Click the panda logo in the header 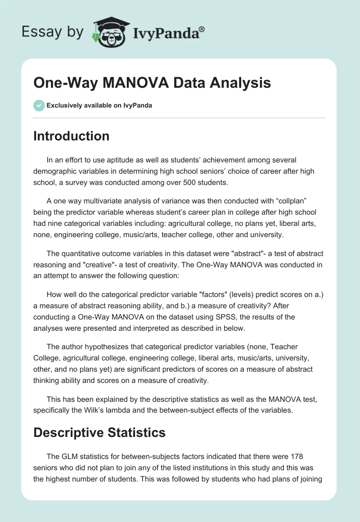[109, 32]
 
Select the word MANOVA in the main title [132, 83]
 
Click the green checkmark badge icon [39, 105]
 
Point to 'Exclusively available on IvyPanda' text [99, 105]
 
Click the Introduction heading [71, 136]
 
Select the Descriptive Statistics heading [99, 433]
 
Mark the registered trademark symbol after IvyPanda [202, 29]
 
